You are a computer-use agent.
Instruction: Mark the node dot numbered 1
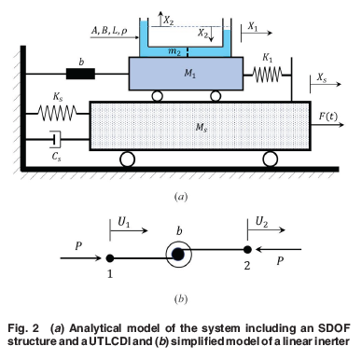coord(112,256)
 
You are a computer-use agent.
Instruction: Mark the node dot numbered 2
coord(247,250)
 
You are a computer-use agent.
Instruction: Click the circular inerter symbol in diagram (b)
coord(179,253)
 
